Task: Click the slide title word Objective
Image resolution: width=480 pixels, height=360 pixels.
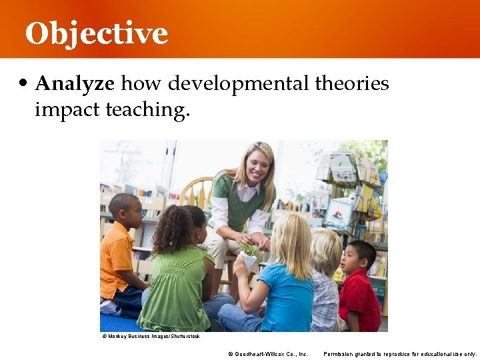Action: (97, 33)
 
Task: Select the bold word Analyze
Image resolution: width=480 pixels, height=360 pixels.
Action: (75, 84)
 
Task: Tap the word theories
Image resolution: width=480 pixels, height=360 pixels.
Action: (351, 84)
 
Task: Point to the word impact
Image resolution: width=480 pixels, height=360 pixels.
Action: (68, 109)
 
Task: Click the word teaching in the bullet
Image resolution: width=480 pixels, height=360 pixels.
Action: (148, 110)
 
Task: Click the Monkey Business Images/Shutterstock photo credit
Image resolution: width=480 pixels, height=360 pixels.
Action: (151, 337)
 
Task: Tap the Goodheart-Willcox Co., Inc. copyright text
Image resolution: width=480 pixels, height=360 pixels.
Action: (268, 354)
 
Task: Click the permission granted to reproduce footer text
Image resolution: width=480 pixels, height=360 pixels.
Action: (400, 354)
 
